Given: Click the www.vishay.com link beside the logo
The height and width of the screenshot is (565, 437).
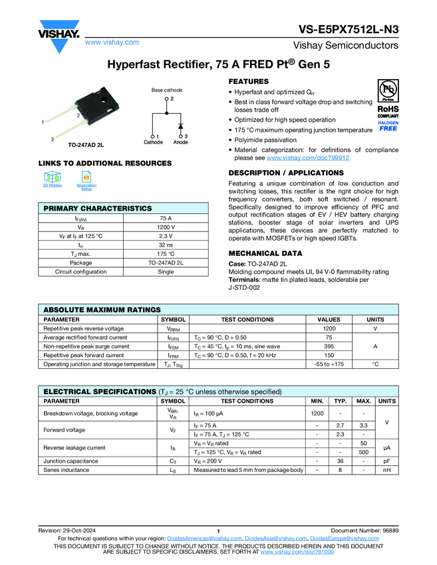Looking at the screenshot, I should tap(112, 42).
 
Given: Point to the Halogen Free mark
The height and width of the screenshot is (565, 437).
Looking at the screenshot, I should tap(388, 126).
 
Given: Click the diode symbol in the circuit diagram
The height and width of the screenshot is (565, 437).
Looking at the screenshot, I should tap(180, 125).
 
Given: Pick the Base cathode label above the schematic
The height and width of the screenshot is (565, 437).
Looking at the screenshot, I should tap(166, 90).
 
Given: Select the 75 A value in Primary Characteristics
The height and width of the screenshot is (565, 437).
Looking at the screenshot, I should tap(166, 218).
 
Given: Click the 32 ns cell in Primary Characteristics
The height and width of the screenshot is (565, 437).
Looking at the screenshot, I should tap(166, 245).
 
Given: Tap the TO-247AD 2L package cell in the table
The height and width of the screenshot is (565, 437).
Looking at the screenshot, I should tap(166, 263).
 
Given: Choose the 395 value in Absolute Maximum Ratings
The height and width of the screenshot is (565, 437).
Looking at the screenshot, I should tap(329, 346).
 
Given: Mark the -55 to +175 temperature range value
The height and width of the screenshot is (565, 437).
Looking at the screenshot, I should tap(329, 364).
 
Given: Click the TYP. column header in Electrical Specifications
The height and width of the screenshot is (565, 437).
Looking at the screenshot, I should tap(341, 401).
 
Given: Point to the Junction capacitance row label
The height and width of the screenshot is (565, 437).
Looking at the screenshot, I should tap(71, 461).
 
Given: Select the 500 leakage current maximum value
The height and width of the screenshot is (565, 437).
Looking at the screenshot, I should tap(364, 452).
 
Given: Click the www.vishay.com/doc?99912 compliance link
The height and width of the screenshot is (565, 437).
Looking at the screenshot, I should tap(308, 158).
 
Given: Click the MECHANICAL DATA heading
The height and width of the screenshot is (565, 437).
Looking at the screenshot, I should tap(265, 253).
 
